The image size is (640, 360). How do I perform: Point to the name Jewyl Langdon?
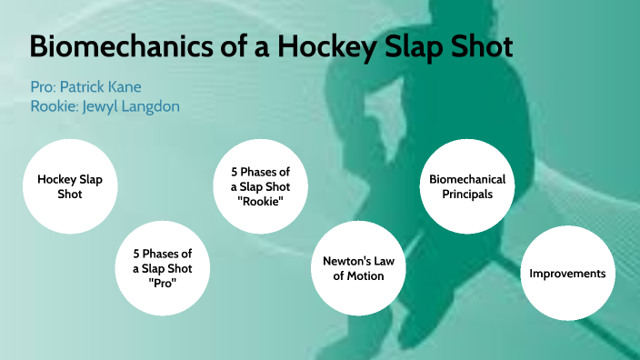[138, 105]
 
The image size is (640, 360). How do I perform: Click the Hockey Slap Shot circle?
[70, 186]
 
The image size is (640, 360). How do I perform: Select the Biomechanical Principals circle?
[466, 186]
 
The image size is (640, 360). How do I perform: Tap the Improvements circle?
[566, 274]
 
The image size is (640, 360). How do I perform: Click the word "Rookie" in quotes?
[258, 201]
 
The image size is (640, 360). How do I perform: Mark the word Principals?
[467, 195]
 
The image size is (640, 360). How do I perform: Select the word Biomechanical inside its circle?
[467, 179]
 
